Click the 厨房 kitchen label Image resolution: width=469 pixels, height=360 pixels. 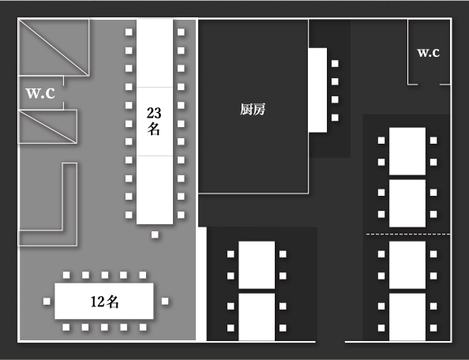(x=253, y=110)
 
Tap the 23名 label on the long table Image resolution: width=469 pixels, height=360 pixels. (x=154, y=121)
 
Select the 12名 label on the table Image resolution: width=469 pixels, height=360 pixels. (x=104, y=302)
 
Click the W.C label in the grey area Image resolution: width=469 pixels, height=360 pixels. (x=40, y=93)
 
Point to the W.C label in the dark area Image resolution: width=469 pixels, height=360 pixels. (x=428, y=53)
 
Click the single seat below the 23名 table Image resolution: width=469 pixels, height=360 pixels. (x=155, y=234)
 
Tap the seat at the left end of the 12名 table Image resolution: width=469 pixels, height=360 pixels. (x=47, y=302)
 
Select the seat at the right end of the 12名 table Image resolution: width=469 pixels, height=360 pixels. (x=165, y=301)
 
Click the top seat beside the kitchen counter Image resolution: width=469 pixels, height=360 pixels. (x=335, y=63)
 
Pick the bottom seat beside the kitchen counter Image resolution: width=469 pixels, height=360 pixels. (x=335, y=118)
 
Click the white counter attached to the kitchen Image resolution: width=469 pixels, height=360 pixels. (x=317, y=90)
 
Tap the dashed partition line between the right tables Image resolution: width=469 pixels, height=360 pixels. (x=408, y=234)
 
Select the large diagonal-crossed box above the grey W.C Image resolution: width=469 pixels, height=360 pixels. (x=54, y=47)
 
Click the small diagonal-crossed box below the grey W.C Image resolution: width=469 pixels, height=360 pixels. (x=48, y=126)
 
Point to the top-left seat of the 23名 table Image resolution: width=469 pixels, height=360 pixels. (x=129, y=32)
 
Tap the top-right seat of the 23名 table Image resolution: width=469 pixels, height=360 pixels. (x=181, y=32)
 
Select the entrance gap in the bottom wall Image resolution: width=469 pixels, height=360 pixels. (x=330, y=341)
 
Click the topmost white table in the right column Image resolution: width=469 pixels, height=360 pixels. (x=407, y=151)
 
